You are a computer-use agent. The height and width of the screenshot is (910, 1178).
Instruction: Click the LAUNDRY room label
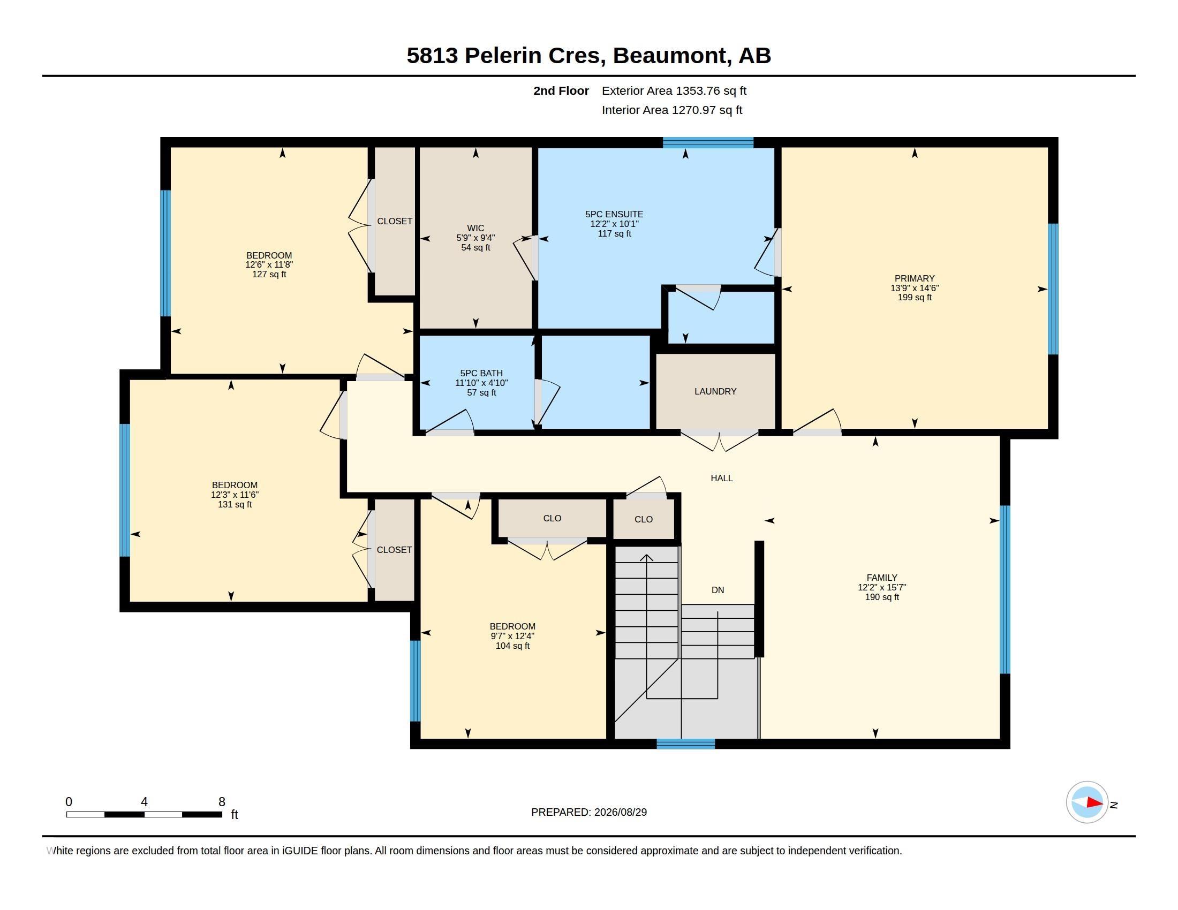point(715,391)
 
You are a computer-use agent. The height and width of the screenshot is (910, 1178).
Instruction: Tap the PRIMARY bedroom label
point(914,278)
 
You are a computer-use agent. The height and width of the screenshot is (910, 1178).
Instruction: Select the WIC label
point(475,228)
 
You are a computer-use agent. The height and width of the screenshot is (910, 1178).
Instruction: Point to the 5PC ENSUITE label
point(614,214)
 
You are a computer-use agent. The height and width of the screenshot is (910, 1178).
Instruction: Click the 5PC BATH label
point(481,373)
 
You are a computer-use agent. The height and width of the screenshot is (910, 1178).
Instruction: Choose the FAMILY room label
point(882,578)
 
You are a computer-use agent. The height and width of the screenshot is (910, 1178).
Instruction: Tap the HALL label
point(722,478)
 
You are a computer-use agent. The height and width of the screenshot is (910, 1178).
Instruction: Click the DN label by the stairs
point(718,590)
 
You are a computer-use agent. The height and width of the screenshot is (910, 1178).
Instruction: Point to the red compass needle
point(1094,802)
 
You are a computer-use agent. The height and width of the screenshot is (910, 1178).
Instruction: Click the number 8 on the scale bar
point(222,802)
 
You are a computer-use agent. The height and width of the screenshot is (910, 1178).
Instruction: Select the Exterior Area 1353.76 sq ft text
point(674,90)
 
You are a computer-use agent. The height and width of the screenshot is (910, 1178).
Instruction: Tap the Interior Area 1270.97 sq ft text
point(672,110)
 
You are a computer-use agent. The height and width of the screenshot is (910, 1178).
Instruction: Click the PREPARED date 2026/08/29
point(620,812)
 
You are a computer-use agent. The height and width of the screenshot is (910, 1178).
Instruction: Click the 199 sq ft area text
point(914,297)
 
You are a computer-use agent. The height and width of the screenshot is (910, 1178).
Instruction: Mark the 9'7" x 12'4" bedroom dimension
point(512,636)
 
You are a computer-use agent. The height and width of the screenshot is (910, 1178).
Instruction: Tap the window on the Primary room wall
point(1053,289)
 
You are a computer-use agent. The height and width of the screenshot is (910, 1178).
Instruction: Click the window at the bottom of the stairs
point(685,744)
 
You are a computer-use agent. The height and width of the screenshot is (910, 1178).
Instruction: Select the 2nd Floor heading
point(561,90)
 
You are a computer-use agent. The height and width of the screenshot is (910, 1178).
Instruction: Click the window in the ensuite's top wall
point(708,142)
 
